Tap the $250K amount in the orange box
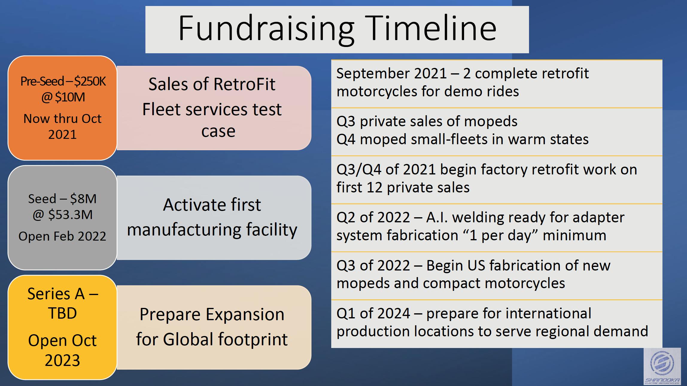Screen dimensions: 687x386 [90, 81]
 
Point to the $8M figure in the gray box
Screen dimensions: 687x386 [83, 199]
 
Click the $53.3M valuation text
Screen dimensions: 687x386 [70, 215]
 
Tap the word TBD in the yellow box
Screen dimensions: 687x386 [63, 313]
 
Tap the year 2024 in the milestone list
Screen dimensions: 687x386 [394, 314]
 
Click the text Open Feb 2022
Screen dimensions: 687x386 [62, 236]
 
